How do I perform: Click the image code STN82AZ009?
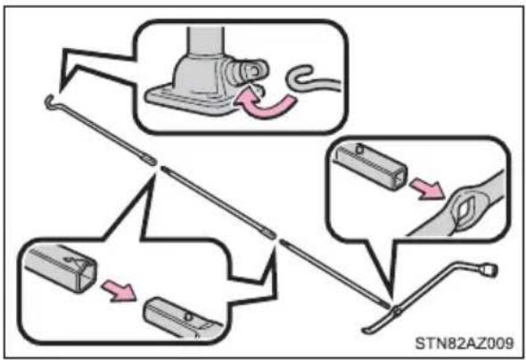[x=464, y=343]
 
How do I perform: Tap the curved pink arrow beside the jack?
[x=265, y=104]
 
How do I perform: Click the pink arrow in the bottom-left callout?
[x=119, y=290]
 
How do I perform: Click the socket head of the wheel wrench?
[x=489, y=269]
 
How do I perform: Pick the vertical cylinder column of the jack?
[x=206, y=41]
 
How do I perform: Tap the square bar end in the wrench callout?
[x=371, y=165]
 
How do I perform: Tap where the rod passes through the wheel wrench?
[x=396, y=310]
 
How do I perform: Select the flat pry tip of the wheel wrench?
[x=366, y=331]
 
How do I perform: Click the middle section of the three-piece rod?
[x=218, y=201]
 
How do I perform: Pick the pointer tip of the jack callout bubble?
[x=61, y=91]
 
